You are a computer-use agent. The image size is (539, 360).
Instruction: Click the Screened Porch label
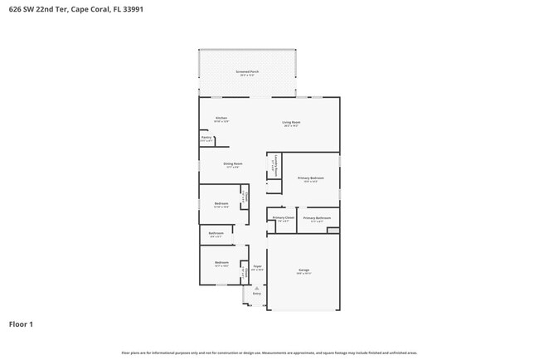pyautogui.click(x=246, y=72)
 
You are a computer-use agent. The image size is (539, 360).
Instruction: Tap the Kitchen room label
pyautogui.click(x=221, y=118)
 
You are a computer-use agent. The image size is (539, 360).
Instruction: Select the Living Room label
pyautogui.click(x=291, y=123)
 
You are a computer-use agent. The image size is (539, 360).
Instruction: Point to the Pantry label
pyautogui.click(x=206, y=139)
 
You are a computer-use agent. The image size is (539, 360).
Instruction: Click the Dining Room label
pyautogui.click(x=232, y=164)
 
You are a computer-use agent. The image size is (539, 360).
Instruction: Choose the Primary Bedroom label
pyautogui.click(x=311, y=178)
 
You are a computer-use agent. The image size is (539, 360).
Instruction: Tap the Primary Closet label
pyautogui.click(x=283, y=218)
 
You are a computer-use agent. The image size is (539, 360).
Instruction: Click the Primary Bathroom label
pyautogui.click(x=317, y=219)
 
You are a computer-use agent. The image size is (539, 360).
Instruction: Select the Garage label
pyautogui.click(x=303, y=270)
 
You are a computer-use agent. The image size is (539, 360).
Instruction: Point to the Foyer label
pyautogui.click(x=257, y=266)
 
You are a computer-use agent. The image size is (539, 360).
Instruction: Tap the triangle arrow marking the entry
pyautogui.click(x=256, y=287)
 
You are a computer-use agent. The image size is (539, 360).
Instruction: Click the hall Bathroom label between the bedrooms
pyautogui.click(x=216, y=234)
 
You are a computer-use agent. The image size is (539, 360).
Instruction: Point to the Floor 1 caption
pyautogui.click(x=21, y=324)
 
